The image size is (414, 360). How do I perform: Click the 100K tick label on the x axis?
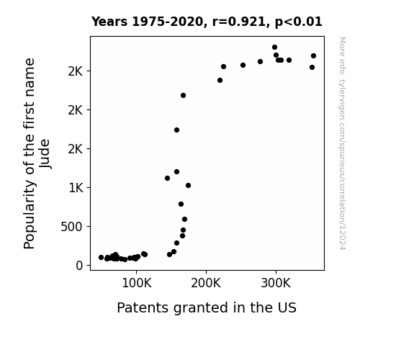pyautogui.click(x=137, y=284)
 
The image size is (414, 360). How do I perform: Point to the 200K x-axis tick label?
pyautogui.click(x=206, y=284)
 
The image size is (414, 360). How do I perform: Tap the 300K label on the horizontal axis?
pyautogui.click(x=276, y=284)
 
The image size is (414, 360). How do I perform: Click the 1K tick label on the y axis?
pyautogui.click(x=76, y=188)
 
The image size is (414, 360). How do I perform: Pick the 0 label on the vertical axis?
pyautogui.click(x=79, y=266)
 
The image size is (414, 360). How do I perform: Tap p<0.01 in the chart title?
pyautogui.click(x=298, y=22)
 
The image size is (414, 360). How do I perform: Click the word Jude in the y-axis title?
pyautogui.click(x=45, y=153)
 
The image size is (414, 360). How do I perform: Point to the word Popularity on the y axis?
pyautogui.click(x=30, y=215)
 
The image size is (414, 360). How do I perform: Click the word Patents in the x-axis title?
pyautogui.click(x=143, y=307)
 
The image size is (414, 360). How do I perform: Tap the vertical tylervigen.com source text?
pyautogui.click(x=342, y=143)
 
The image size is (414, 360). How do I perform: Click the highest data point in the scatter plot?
pyautogui.click(x=274, y=48)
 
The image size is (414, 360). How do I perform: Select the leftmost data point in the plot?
pyautogui.click(x=101, y=257)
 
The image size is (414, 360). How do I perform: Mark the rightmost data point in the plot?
pyautogui.click(x=313, y=55)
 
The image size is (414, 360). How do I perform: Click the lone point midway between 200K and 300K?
pyautogui.click(x=243, y=65)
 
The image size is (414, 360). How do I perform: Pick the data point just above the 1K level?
pyautogui.click(x=188, y=186)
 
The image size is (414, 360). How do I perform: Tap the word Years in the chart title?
pyautogui.click(x=109, y=22)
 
